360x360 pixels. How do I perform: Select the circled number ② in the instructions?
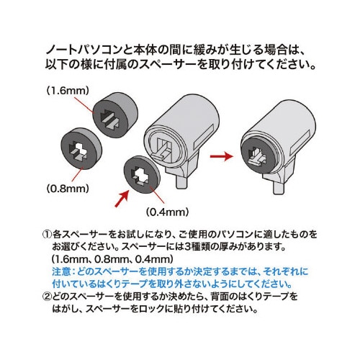click(x=47, y=296)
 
